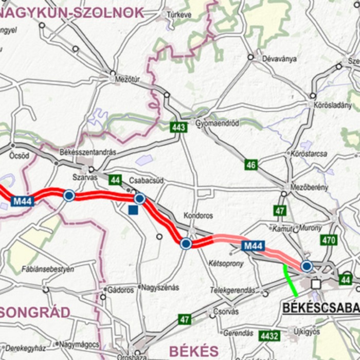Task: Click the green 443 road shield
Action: [x=179, y=127]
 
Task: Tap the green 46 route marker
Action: [x=251, y=165]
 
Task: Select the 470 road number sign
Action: [x=329, y=240]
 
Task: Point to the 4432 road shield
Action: [x=269, y=336]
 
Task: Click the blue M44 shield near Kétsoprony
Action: [x=254, y=246]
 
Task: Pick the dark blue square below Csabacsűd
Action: [x=133, y=209]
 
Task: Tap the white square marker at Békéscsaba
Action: [x=316, y=284]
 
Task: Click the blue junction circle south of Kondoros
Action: [x=186, y=243]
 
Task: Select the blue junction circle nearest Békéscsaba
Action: [x=307, y=266]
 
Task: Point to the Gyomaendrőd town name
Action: [x=218, y=123]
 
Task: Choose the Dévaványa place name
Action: [x=279, y=59]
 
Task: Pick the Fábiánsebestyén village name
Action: [x=48, y=269]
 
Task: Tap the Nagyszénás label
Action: [x=160, y=287]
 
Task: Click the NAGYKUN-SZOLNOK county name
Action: [x=72, y=13]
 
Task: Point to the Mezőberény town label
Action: [x=309, y=187]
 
